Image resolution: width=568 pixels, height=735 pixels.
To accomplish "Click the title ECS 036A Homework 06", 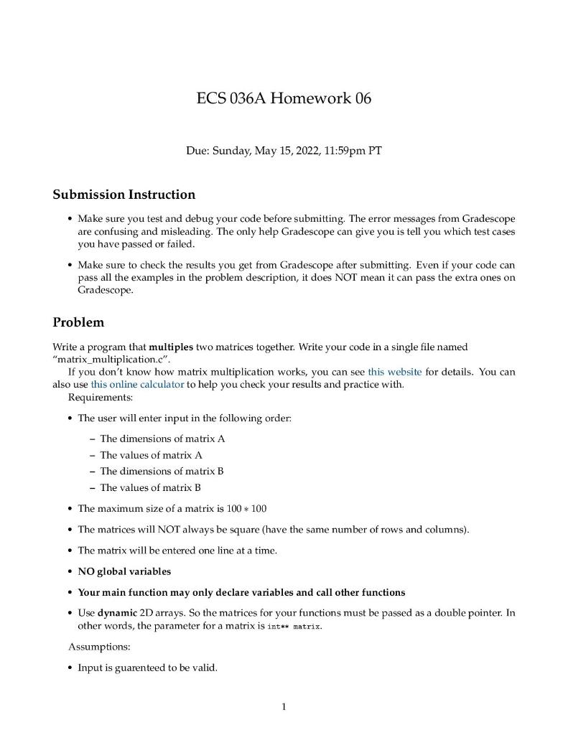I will (284, 98).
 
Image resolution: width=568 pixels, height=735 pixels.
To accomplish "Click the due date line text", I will (284, 151).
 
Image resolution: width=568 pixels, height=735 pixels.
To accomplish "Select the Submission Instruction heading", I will (124, 195).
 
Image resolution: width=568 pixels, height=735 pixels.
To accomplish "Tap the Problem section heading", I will (78, 322).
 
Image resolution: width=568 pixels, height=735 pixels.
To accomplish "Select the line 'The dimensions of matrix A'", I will (162, 439).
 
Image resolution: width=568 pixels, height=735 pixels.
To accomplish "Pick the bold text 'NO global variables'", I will (124, 572).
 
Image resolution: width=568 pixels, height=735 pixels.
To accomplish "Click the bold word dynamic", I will (118, 614).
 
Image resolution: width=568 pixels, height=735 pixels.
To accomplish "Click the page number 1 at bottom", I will (284, 707).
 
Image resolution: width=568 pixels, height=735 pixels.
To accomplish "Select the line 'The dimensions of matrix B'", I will (162, 472).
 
